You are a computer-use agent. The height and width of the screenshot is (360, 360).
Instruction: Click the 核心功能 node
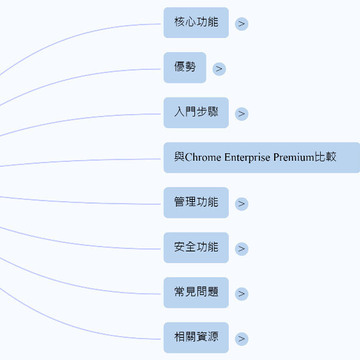pyautogui.click(x=196, y=23)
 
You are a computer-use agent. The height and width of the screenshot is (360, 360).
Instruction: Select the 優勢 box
pyautogui.click(x=185, y=68)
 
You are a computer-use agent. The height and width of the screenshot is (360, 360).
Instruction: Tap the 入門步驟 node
pyautogui.click(x=196, y=113)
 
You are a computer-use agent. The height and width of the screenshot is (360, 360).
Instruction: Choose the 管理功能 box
pyautogui.click(x=196, y=203)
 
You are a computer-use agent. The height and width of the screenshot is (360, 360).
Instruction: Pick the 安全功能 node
pyautogui.click(x=196, y=248)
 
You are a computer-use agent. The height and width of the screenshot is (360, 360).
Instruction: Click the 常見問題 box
pyautogui.click(x=196, y=293)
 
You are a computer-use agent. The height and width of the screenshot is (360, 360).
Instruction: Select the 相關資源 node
pyautogui.click(x=196, y=338)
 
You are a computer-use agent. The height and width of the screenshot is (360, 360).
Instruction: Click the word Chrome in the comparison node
pyautogui.click(x=202, y=157)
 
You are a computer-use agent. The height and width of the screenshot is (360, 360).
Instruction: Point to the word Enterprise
pyautogui.click(x=247, y=157)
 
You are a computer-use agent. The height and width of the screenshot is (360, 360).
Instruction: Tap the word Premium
pyautogui.click(x=294, y=157)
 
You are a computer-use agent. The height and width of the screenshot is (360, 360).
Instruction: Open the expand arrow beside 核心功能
pyautogui.click(x=242, y=24)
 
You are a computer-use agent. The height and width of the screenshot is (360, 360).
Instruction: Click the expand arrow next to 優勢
pyautogui.click(x=219, y=69)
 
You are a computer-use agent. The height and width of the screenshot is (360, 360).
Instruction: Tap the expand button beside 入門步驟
pyautogui.click(x=242, y=114)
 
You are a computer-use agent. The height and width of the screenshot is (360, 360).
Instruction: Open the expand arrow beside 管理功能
pyautogui.click(x=242, y=204)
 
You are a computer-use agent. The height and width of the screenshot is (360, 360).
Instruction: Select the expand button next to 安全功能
pyautogui.click(x=242, y=249)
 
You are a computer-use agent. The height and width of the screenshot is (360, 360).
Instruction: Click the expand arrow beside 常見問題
pyautogui.click(x=242, y=294)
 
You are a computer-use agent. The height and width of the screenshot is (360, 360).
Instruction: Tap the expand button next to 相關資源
pyautogui.click(x=242, y=339)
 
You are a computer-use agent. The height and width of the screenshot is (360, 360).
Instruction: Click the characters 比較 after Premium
pyautogui.click(x=325, y=157)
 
